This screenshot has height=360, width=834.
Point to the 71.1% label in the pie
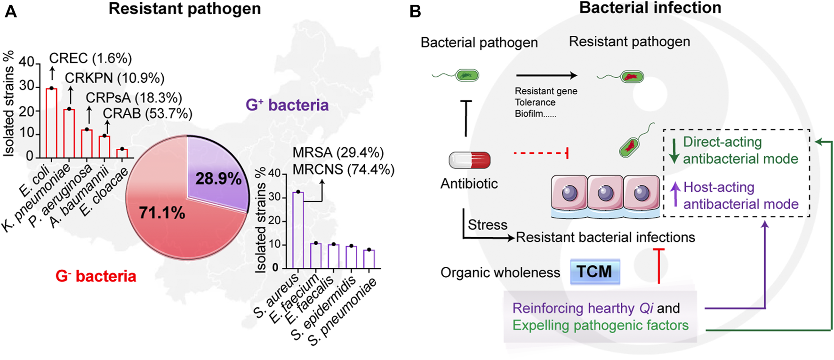162,213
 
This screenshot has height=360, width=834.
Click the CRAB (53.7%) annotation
147,113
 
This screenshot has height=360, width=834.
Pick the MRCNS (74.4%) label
343,169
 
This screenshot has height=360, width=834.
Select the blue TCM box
594,272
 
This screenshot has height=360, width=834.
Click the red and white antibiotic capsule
469,160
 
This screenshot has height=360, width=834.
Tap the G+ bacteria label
287,105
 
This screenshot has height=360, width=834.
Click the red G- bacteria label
96,276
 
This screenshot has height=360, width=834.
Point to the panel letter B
415,11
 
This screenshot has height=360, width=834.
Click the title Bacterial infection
650,8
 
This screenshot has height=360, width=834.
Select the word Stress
487,225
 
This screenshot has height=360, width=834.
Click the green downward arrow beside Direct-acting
674,151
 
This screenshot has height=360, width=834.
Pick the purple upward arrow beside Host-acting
675,194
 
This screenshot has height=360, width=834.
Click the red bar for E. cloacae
122,153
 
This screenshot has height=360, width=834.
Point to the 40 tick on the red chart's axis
26,62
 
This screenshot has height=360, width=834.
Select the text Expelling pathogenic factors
600,325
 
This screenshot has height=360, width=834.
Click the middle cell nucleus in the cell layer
605,193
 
